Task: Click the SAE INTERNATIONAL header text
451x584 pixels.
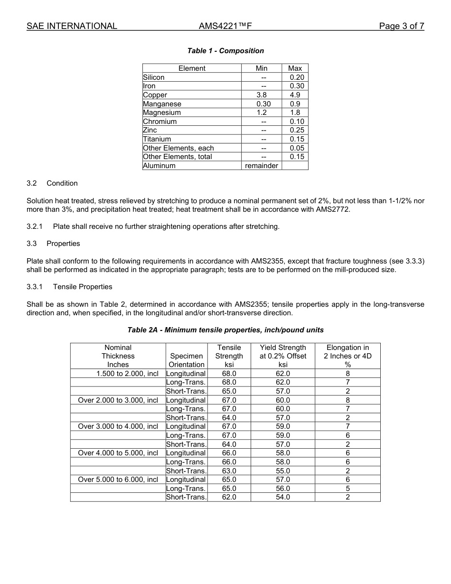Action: click(72, 26)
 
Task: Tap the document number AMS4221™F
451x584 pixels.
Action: click(225, 26)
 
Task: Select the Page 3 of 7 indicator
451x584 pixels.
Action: click(401, 26)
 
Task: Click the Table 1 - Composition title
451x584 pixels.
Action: click(225, 51)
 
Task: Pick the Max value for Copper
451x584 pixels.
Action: click(295, 95)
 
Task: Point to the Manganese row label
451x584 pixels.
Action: click(162, 104)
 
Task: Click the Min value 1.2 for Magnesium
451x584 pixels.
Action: click(262, 113)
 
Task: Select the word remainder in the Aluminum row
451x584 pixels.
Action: click(262, 166)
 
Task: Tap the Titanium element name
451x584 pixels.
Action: click(157, 139)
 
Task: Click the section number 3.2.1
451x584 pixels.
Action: click(35, 226)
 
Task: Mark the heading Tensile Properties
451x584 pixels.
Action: click(83, 287)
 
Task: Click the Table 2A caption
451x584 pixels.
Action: click(225, 330)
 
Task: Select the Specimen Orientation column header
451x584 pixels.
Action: click(187, 360)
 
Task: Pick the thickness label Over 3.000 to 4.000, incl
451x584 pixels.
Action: click(118, 426)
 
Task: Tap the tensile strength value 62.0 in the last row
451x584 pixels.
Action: click(229, 497)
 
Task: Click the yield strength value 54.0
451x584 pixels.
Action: click(283, 497)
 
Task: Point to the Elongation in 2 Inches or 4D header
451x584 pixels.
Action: click(348, 356)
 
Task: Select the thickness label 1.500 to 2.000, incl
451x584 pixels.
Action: click(127, 374)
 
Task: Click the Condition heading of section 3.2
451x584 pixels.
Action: click(62, 183)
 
